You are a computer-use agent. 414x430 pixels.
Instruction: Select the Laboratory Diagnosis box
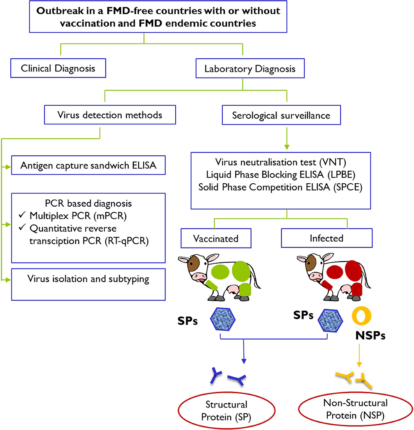pos(250,69)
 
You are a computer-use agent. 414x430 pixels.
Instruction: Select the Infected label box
pos(327,238)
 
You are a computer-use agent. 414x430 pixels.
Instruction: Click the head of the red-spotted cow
pos(309,267)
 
